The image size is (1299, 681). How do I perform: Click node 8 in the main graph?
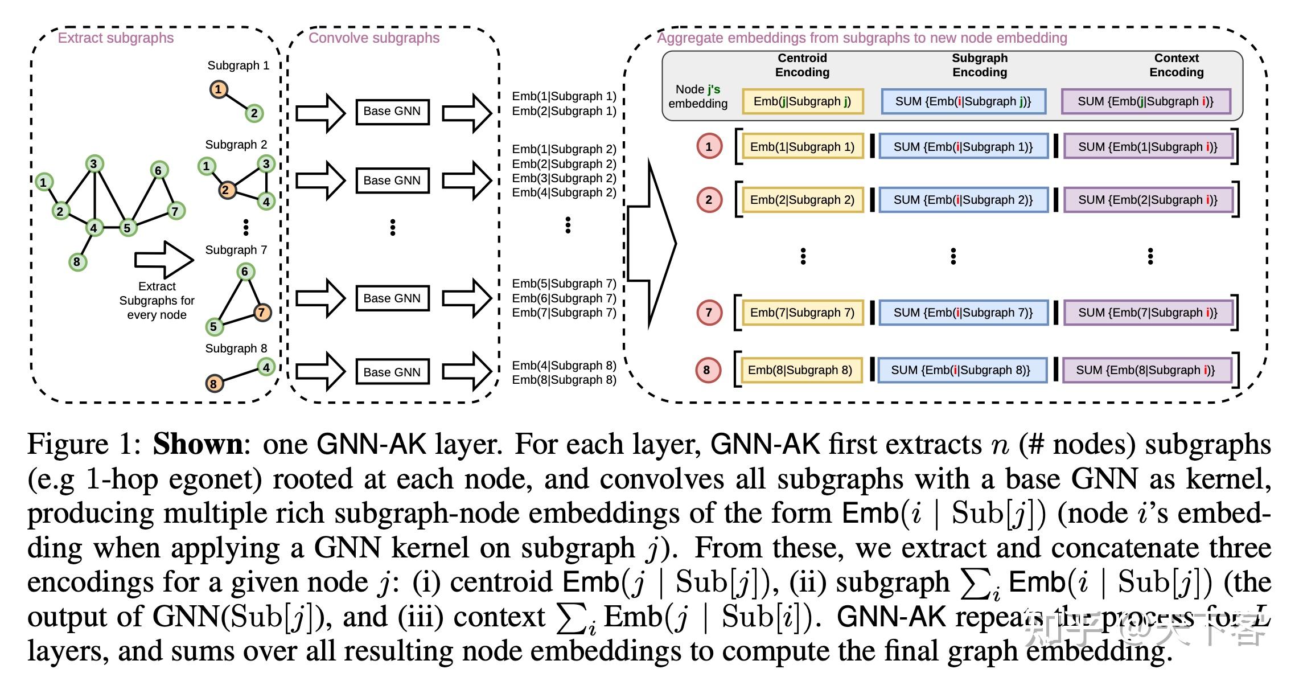77,262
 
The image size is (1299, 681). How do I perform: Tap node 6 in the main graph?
158,170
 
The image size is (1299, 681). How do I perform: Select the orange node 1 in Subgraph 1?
218,89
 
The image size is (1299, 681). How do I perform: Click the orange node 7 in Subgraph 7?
262,312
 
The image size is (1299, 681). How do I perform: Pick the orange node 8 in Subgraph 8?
213,383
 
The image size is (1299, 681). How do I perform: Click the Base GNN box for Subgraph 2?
392,180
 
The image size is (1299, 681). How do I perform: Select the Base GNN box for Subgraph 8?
392,372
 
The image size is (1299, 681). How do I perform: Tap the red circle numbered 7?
709,312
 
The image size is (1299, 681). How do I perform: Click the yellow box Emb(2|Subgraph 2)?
802,200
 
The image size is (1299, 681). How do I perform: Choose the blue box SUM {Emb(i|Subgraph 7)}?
963,313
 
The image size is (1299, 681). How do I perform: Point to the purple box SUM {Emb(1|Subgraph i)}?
1148,147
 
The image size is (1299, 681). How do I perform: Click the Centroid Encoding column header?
802,65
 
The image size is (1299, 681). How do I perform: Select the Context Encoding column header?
1176,65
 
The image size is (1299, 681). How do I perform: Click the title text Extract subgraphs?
116,38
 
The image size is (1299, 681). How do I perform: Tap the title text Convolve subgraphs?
374,38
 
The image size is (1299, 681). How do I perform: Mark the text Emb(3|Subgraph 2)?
564,178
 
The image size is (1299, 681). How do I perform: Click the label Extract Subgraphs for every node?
157,301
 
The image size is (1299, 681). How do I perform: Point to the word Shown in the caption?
198,444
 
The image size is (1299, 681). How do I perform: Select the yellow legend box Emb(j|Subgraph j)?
802,101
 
